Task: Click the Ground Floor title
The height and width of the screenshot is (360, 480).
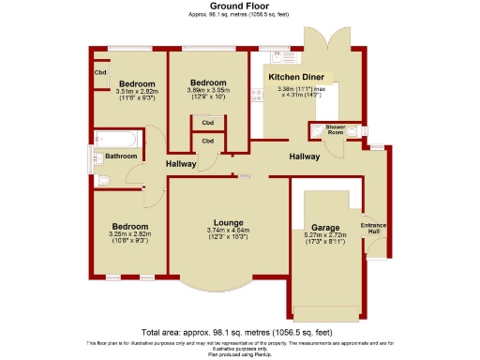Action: [239, 6]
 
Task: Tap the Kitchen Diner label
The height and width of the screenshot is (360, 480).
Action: [293, 77]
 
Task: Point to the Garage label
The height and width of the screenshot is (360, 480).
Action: [325, 228]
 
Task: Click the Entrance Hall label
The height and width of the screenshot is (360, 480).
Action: [373, 228]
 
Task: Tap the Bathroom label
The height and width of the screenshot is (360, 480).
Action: [121, 156]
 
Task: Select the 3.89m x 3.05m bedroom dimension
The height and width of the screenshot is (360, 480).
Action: [207, 92]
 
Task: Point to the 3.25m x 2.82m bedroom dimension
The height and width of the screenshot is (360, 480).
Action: [130, 234]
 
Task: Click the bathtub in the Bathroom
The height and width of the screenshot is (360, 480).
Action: [118, 141]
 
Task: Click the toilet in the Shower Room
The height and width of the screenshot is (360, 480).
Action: [352, 132]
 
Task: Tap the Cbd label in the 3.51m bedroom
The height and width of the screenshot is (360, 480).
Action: [99, 72]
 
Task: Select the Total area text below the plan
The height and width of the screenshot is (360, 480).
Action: [239, 333]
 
